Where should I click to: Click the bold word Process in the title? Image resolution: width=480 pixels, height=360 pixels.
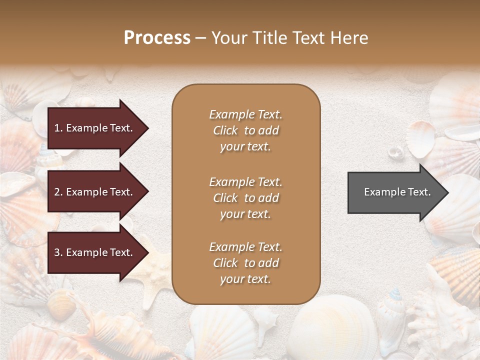(157, 38)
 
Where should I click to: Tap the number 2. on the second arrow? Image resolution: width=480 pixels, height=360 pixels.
(58, 192)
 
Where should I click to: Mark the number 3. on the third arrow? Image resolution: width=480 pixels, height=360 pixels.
(58, 252)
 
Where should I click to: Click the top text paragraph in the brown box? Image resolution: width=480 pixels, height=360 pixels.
(245, 130)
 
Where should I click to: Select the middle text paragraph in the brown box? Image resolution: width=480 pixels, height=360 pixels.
(245, 198)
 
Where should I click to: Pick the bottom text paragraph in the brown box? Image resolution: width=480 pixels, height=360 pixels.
(245, 263)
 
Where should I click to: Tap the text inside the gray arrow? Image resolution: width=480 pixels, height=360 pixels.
(397, 192)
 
